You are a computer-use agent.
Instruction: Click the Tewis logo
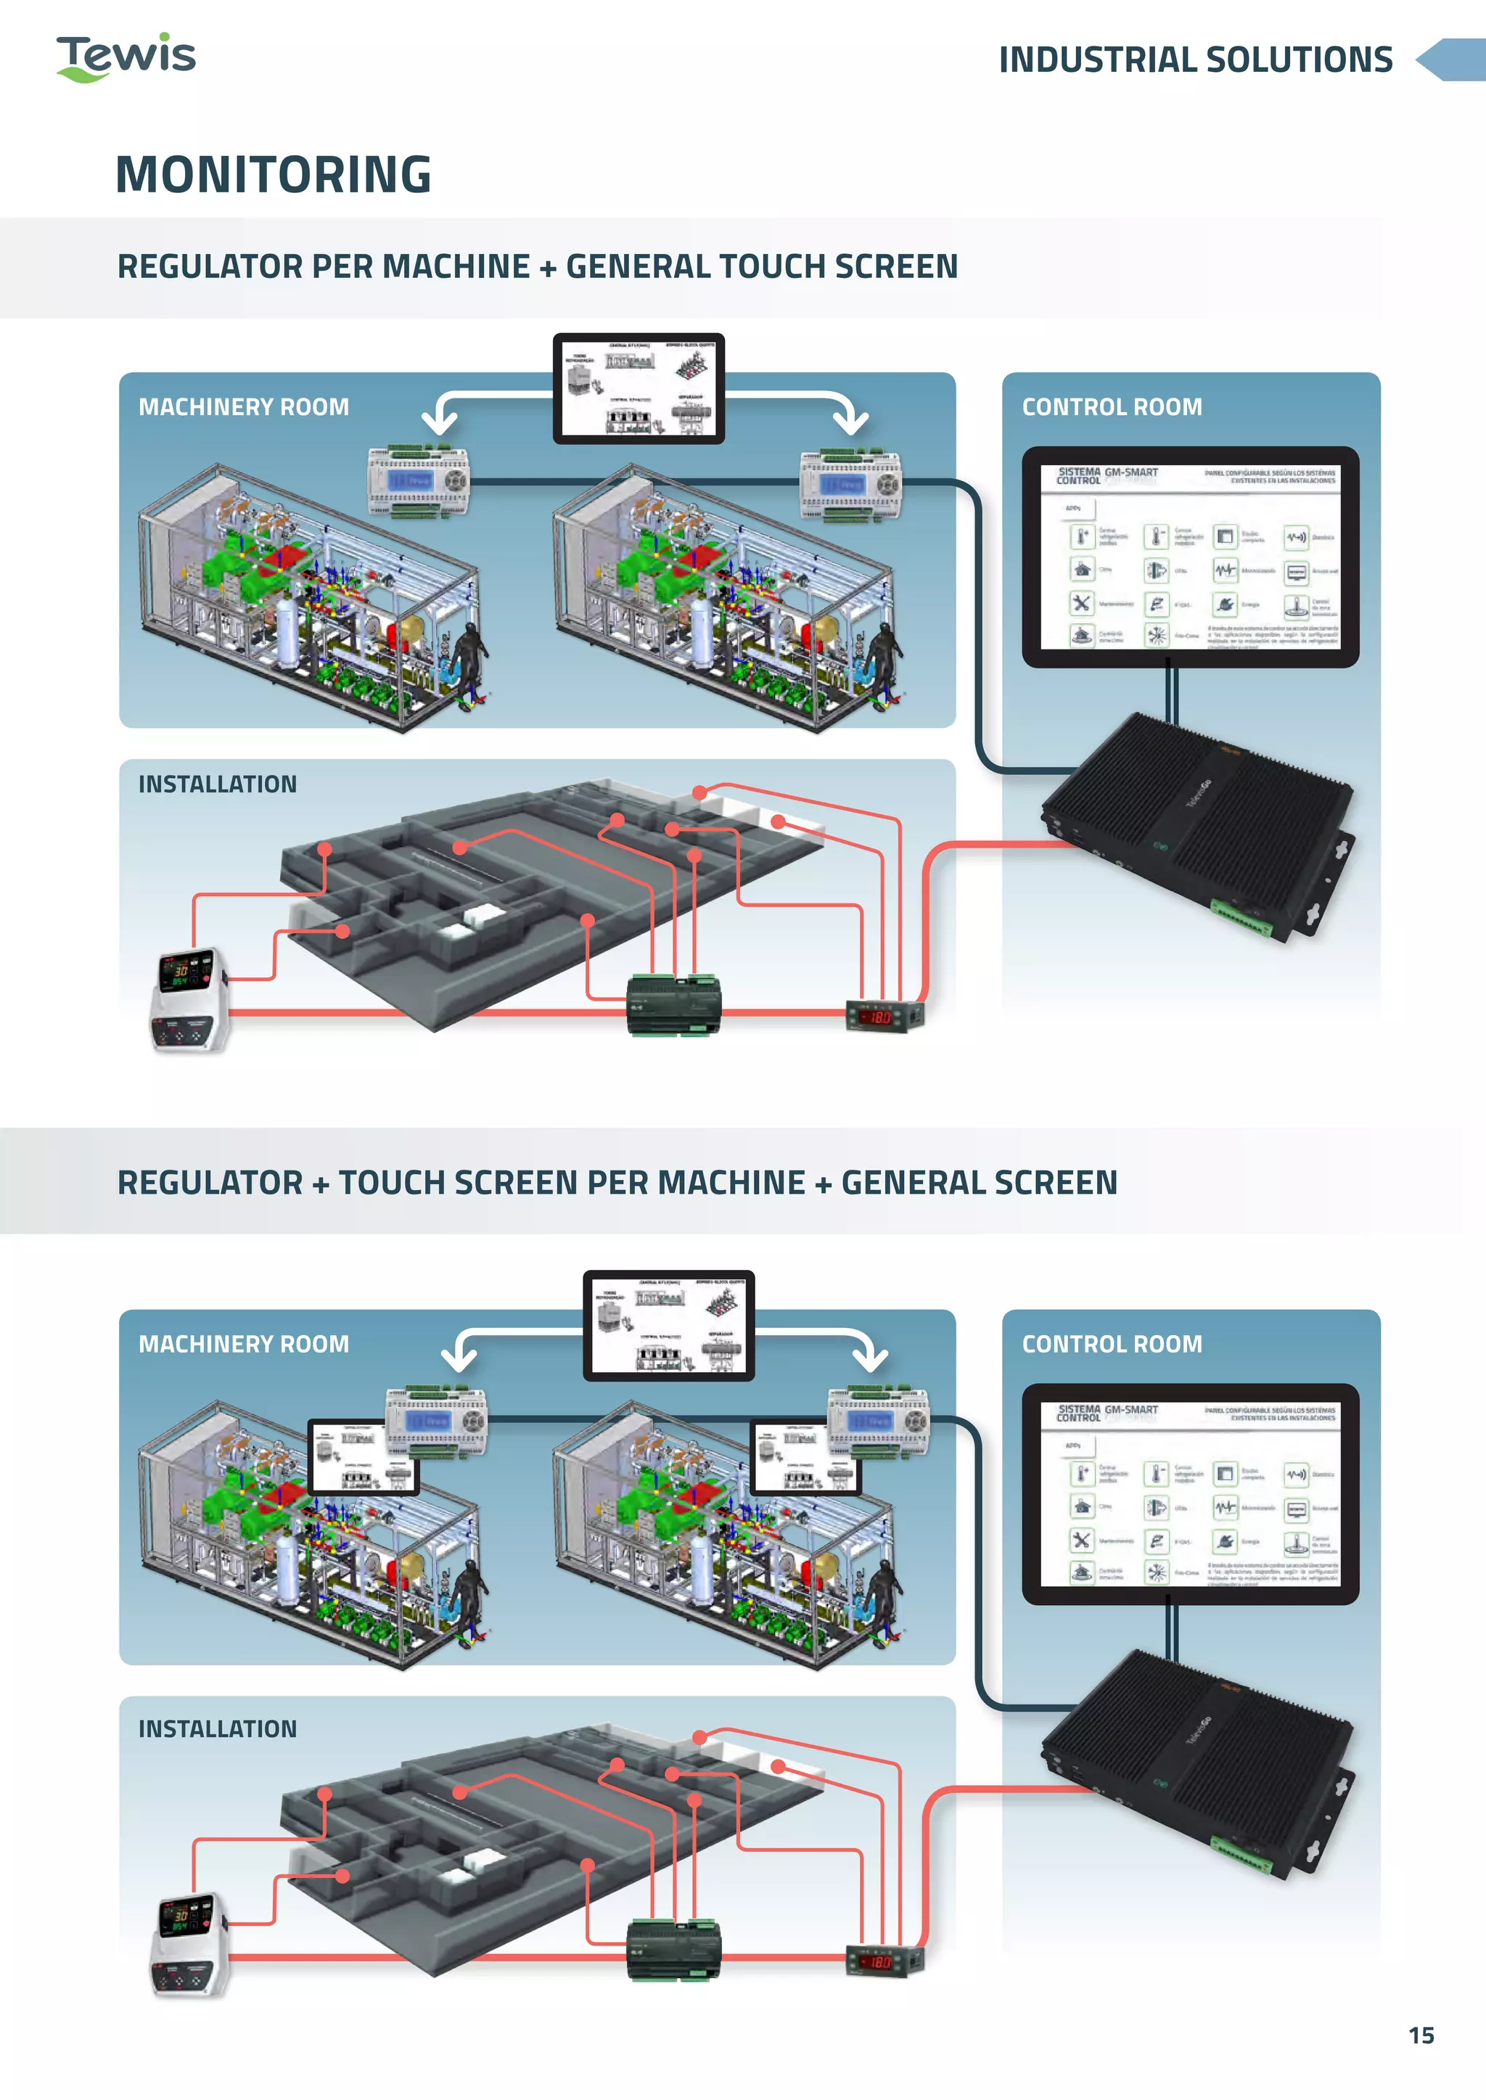click(126, 57)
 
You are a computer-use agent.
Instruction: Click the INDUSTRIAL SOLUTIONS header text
click(1194, 60)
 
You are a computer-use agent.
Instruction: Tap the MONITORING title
click(273, 174)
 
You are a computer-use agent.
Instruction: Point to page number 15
click(1420, 2035)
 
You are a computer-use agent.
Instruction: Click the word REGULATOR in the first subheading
click(209, 266)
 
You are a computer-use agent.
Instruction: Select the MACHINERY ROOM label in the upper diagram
click(243, 407)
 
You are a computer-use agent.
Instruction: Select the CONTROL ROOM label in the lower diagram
click(1111, 1344)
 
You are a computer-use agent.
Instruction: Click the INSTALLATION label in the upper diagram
click(217, 784)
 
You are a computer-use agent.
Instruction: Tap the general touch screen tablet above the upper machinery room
click(638, 388)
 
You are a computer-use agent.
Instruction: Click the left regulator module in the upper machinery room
click(418, 481)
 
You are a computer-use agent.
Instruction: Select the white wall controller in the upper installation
click(189, 998)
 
